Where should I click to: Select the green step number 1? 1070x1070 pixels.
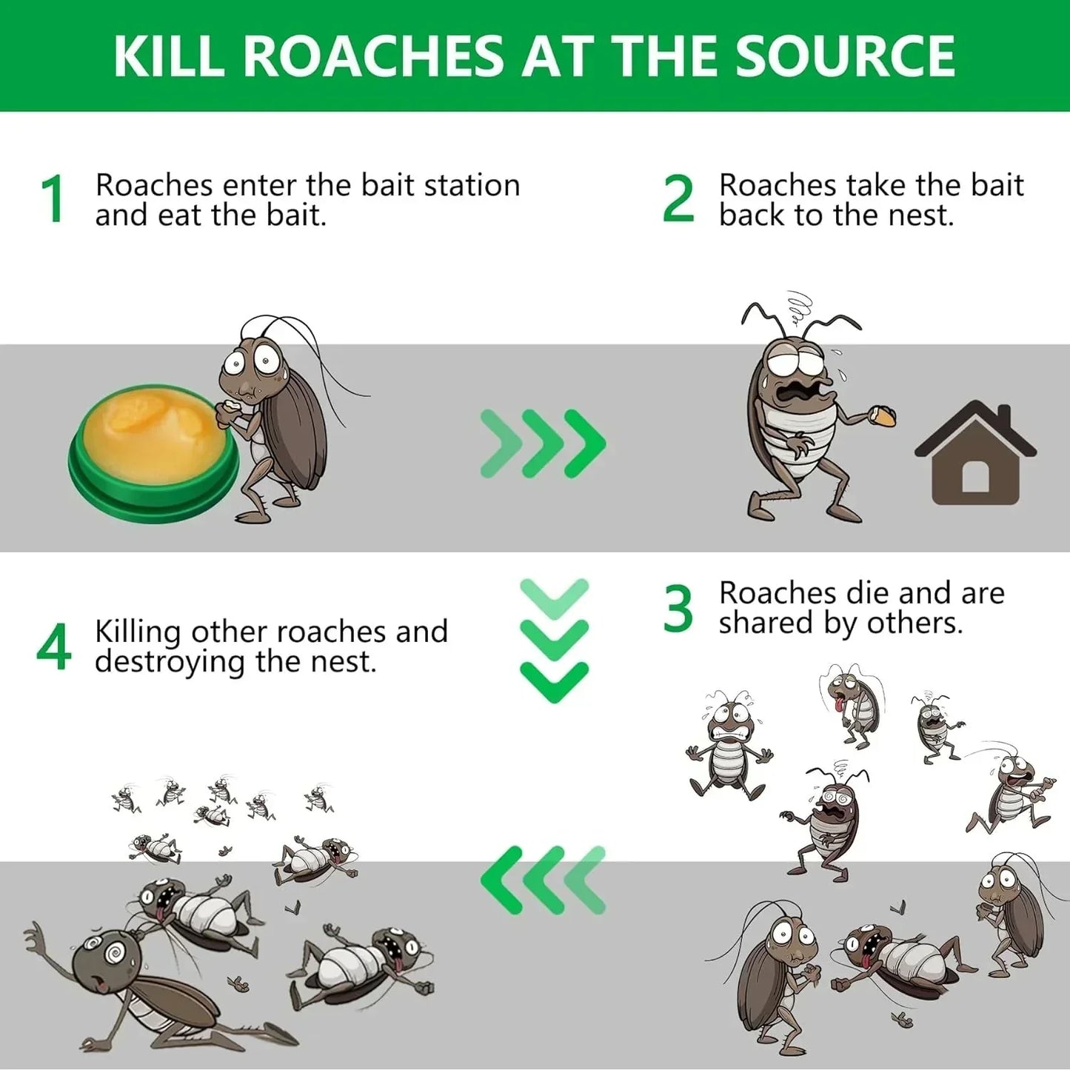coord(53,199)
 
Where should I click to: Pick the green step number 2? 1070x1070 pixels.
coord(678,199)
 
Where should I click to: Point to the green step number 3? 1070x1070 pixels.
coord(678,609)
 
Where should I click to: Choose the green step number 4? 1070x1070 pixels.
coord(53,647)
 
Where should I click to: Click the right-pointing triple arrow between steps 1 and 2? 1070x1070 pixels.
coord(543,444)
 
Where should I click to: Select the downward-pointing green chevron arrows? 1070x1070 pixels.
coord(554,641)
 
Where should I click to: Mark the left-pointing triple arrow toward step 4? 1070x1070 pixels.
coord(543,880)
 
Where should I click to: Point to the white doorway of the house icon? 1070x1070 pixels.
coord(975,477)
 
